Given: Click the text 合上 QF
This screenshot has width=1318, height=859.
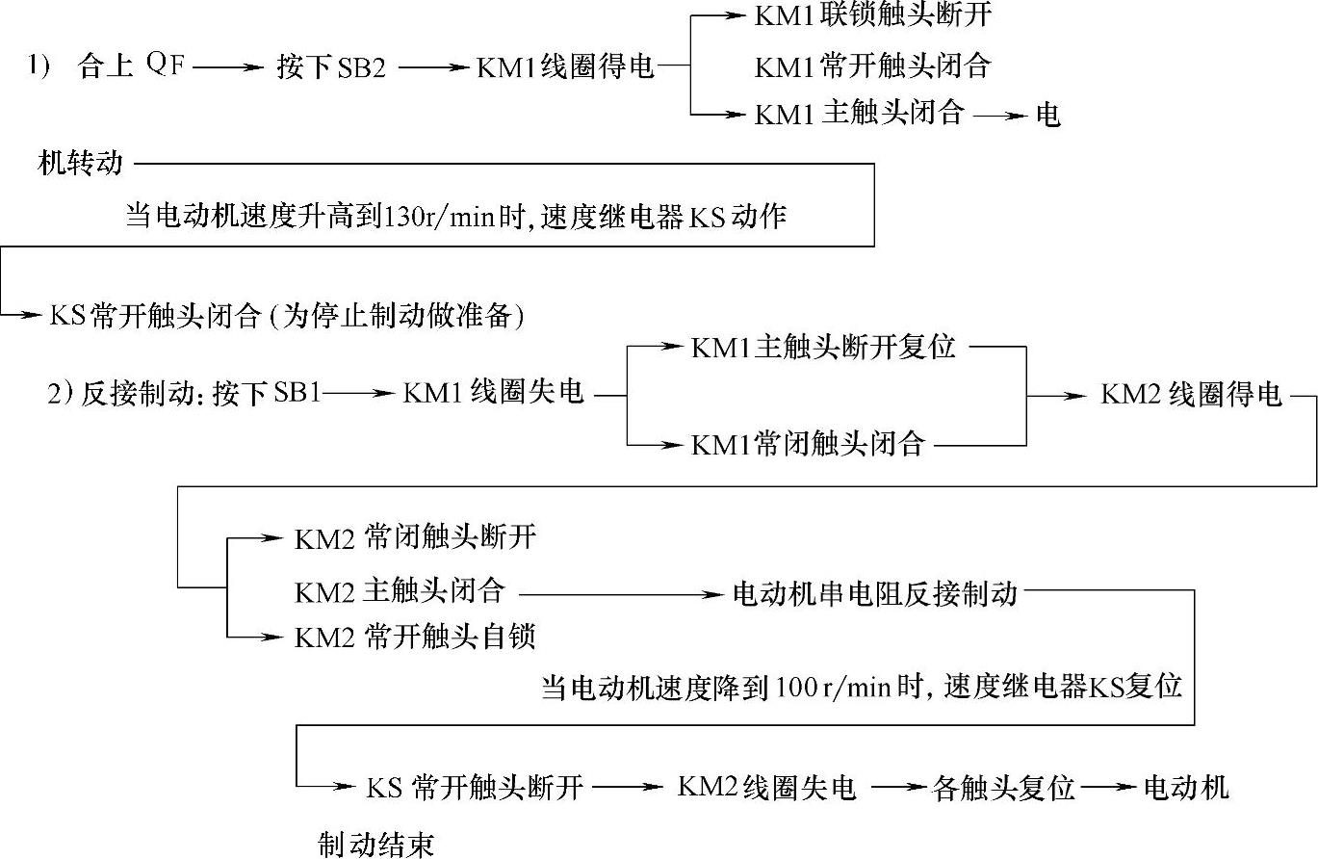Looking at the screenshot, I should click(x=132, y=67).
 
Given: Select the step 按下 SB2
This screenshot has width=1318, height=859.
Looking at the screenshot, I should click(x=330, y=67).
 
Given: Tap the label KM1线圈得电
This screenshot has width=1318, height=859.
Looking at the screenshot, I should click(x=565, y=67).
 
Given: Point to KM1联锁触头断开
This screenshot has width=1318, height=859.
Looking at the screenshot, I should click(x=873, y=17).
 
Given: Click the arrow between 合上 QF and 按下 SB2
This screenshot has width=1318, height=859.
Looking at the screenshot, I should click(x=231, y=67).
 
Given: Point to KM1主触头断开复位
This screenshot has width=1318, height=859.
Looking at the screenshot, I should click(x=823, y=347).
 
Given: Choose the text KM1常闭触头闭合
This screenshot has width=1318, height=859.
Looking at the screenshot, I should click(x=809, y=444).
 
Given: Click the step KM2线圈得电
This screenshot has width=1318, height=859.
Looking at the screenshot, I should click(x=1192, y=394).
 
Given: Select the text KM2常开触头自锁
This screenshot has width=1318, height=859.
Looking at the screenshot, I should click(x=415, y=637).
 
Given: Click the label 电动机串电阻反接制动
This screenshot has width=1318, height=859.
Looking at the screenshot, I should click(x=875, y=592).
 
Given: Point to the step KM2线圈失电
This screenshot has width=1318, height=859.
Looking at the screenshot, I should click(x=766, y=788).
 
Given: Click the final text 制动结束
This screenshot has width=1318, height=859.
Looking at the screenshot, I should click(x=376, y=846).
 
